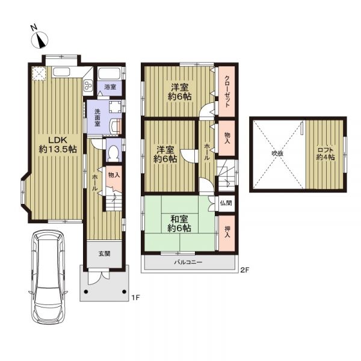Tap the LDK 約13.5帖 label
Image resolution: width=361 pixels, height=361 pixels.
57,144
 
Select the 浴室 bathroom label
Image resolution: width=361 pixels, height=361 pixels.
110,87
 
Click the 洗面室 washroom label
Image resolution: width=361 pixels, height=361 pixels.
97,117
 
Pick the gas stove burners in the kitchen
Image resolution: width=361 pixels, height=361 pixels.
87,86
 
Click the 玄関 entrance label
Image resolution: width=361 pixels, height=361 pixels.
105,254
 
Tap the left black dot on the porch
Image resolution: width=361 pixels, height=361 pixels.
86,292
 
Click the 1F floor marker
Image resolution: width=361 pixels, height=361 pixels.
135,298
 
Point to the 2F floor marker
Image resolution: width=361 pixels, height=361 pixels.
245,270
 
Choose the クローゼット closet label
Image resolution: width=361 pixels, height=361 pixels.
227,91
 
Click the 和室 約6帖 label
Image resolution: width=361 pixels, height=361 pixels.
179,224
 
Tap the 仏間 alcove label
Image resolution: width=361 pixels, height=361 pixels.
226,203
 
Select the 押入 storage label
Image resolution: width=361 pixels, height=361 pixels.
227,232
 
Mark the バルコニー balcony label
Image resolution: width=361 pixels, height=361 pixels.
188,262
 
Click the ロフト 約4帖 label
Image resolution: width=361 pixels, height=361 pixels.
326,154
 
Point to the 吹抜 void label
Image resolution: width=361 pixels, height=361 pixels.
277,153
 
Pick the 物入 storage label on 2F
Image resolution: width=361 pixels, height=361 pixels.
227,138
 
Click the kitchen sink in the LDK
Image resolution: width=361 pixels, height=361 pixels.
61,72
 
